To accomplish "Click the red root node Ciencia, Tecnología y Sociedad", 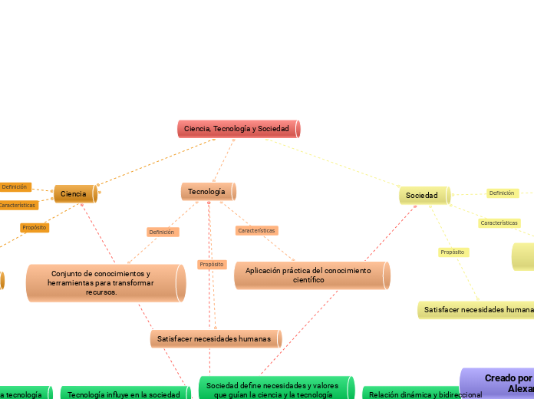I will pyautogui.click(x=237, y=129).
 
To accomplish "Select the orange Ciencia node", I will pyautogui.click(x=74, y=194).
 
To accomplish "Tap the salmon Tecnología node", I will pyautogui.click(x=207, y=191).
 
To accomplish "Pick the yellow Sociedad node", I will pyautogui.click(x=423, y=196).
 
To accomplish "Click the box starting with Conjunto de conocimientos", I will pyautogui.click(x=104, y=282).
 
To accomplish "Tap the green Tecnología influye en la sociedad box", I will pyautogui.click(x=124, y=394).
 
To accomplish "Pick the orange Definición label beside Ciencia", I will pyautogui.click(x=15, y=186).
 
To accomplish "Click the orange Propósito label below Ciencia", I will pyautogui.click(x=35, y=227).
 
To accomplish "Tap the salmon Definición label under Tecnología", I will pyautogui.click(x=162, y=232).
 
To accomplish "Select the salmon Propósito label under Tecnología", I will pyautogui.click(x=212, y=264).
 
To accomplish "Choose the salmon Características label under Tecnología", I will pyautogui.click(x=256, y=230).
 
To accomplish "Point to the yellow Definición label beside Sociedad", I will pyautogui.click(x=502, y=193).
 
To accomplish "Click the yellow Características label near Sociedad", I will pyautogui.click(x=499, y=223).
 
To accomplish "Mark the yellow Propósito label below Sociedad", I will pyautogui.click(x=453, y=252).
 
